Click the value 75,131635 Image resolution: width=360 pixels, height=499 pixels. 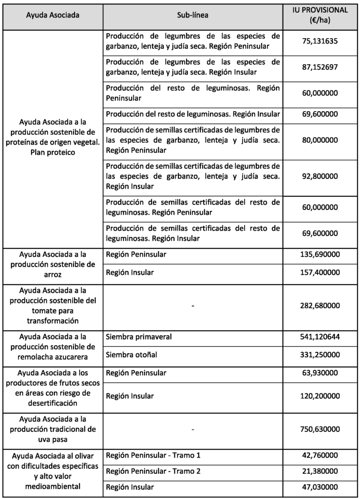(320, 41)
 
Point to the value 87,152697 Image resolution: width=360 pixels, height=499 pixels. (320, 67)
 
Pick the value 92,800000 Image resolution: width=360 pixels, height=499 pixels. (320, 178)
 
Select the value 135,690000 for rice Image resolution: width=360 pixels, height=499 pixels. (320, 255)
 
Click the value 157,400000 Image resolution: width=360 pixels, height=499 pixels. (320, 273)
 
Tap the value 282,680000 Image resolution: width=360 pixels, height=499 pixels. (320, 306)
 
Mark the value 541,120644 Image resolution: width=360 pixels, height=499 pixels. (320, 337)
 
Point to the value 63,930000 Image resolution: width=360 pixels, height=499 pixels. (320, 373)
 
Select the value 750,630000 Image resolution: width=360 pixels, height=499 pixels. (320, 429)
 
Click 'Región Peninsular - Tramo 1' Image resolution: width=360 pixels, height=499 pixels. (153, 455)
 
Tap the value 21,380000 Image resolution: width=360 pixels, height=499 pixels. (320, 471)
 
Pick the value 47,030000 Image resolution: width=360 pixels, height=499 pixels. (320, 487)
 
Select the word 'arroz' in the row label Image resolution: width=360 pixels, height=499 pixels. (53, 274)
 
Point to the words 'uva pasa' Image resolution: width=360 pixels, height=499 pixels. (53, 439)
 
